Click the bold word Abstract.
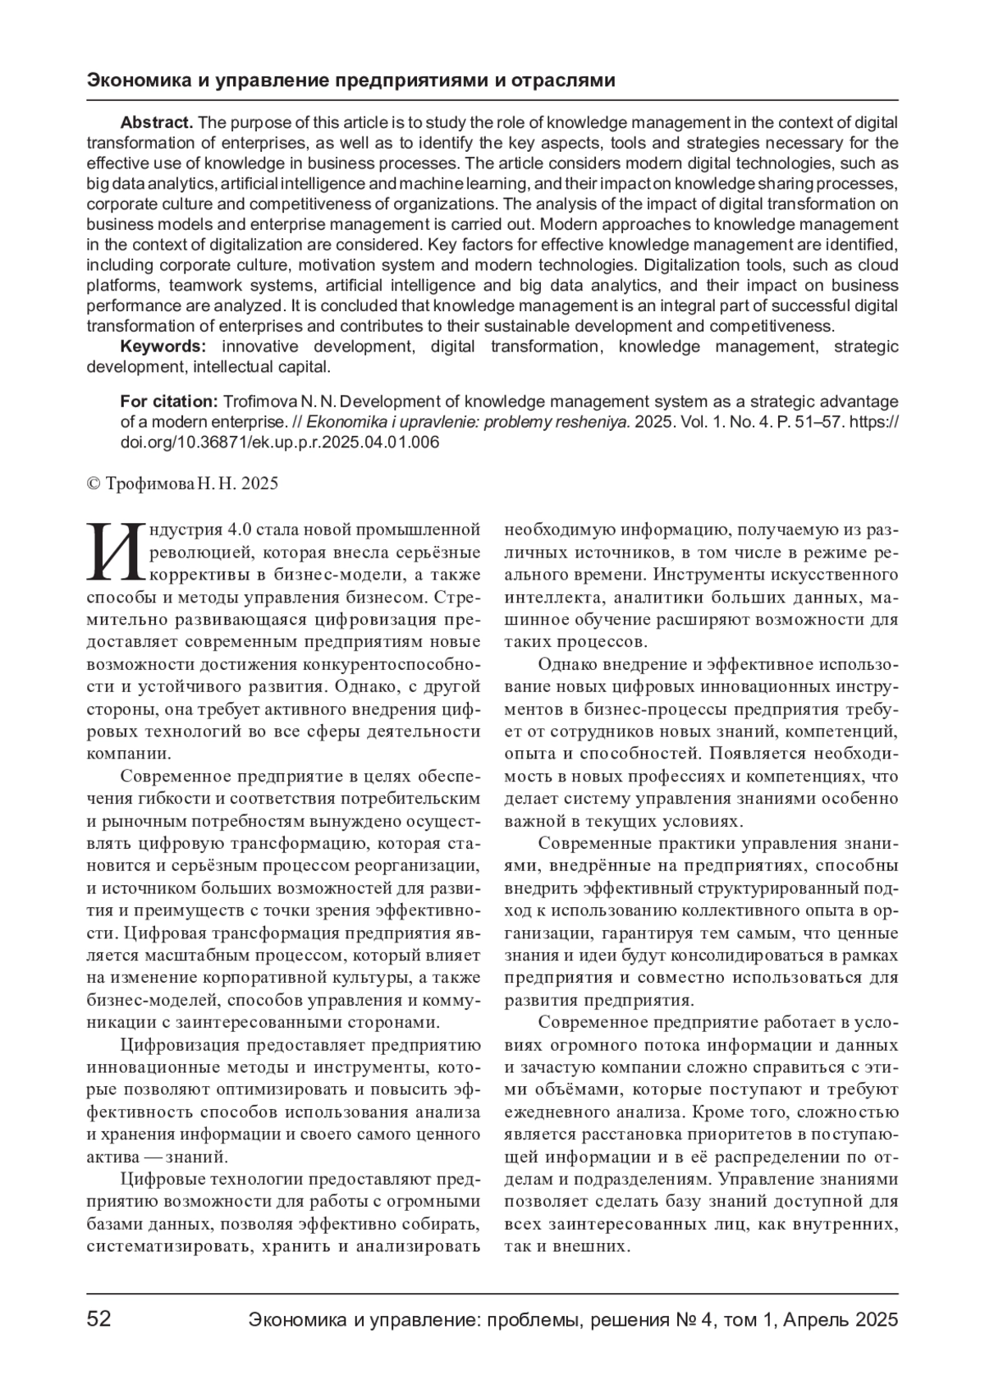156,123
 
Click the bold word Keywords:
163,346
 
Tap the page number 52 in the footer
99,1320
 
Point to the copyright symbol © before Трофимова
93,484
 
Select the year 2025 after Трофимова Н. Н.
260,484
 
